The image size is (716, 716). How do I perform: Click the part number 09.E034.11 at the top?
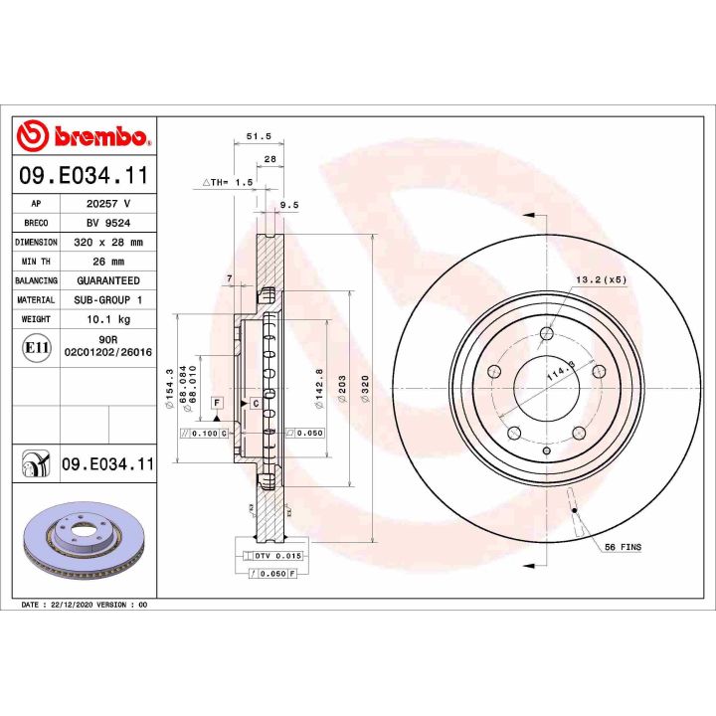coord(84,176)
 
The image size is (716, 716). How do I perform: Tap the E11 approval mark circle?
coord(35,348)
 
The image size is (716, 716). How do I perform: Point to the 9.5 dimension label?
coord(289,205)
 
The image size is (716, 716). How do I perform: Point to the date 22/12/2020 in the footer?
coord(71,605)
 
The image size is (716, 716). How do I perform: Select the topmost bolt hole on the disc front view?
coord(546,333)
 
